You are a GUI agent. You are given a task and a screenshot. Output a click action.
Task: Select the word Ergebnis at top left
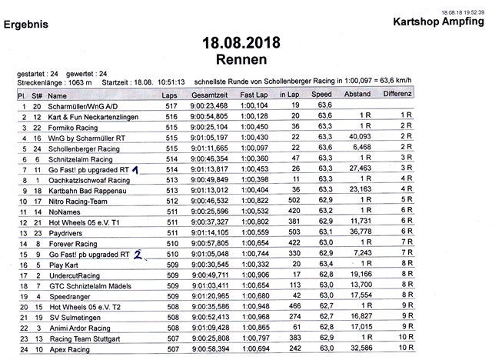27,25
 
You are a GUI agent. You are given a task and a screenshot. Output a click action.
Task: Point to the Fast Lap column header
254,95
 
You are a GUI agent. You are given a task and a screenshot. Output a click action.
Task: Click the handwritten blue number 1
135,168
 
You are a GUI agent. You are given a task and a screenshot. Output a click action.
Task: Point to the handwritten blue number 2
139,252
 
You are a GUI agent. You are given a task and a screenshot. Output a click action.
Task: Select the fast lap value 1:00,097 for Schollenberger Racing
254,148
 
